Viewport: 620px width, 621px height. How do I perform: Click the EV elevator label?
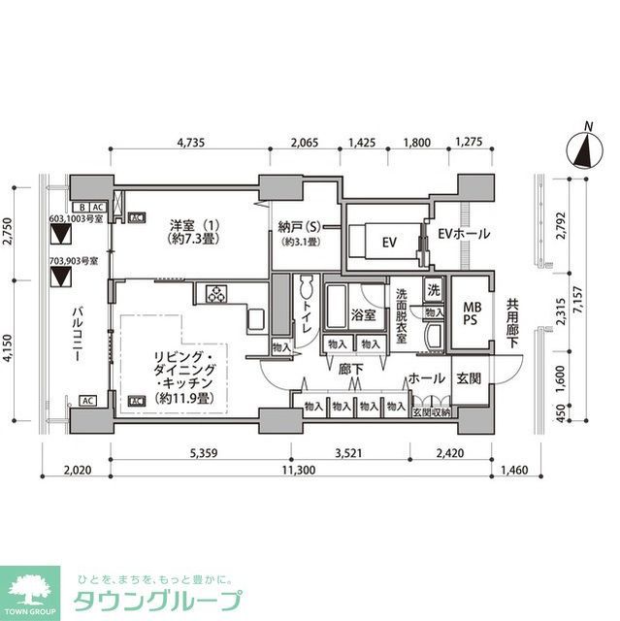point(388,241)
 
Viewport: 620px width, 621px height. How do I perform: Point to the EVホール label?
point(463,234)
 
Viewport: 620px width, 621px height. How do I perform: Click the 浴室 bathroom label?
point(363,315)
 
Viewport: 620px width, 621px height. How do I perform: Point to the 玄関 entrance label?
point(469,378)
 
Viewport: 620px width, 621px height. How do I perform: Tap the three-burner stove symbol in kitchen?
point(213,293)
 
